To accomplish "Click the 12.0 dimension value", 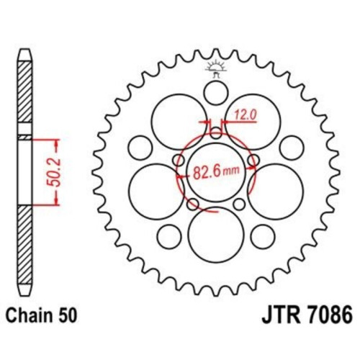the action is click(246, 114).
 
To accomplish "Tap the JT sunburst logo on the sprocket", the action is click(216, 68).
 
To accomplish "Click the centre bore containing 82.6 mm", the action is click(216, 172).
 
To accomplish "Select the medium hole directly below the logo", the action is click(216, 93).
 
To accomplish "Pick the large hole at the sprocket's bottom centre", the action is click(216, 235).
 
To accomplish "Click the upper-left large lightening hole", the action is click(179, 122).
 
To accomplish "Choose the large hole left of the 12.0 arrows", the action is click(179, 122).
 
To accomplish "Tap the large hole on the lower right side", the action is click(276, 192).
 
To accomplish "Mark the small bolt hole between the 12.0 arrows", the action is click(216, 133).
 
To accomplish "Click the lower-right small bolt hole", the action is click(239, 204).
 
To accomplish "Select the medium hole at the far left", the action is click(140, 148).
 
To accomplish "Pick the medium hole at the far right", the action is click(292, 148).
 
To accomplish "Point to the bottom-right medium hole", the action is click(263, 236).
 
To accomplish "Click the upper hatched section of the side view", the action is click(25, 91).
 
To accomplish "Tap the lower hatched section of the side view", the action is click(25, 245).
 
